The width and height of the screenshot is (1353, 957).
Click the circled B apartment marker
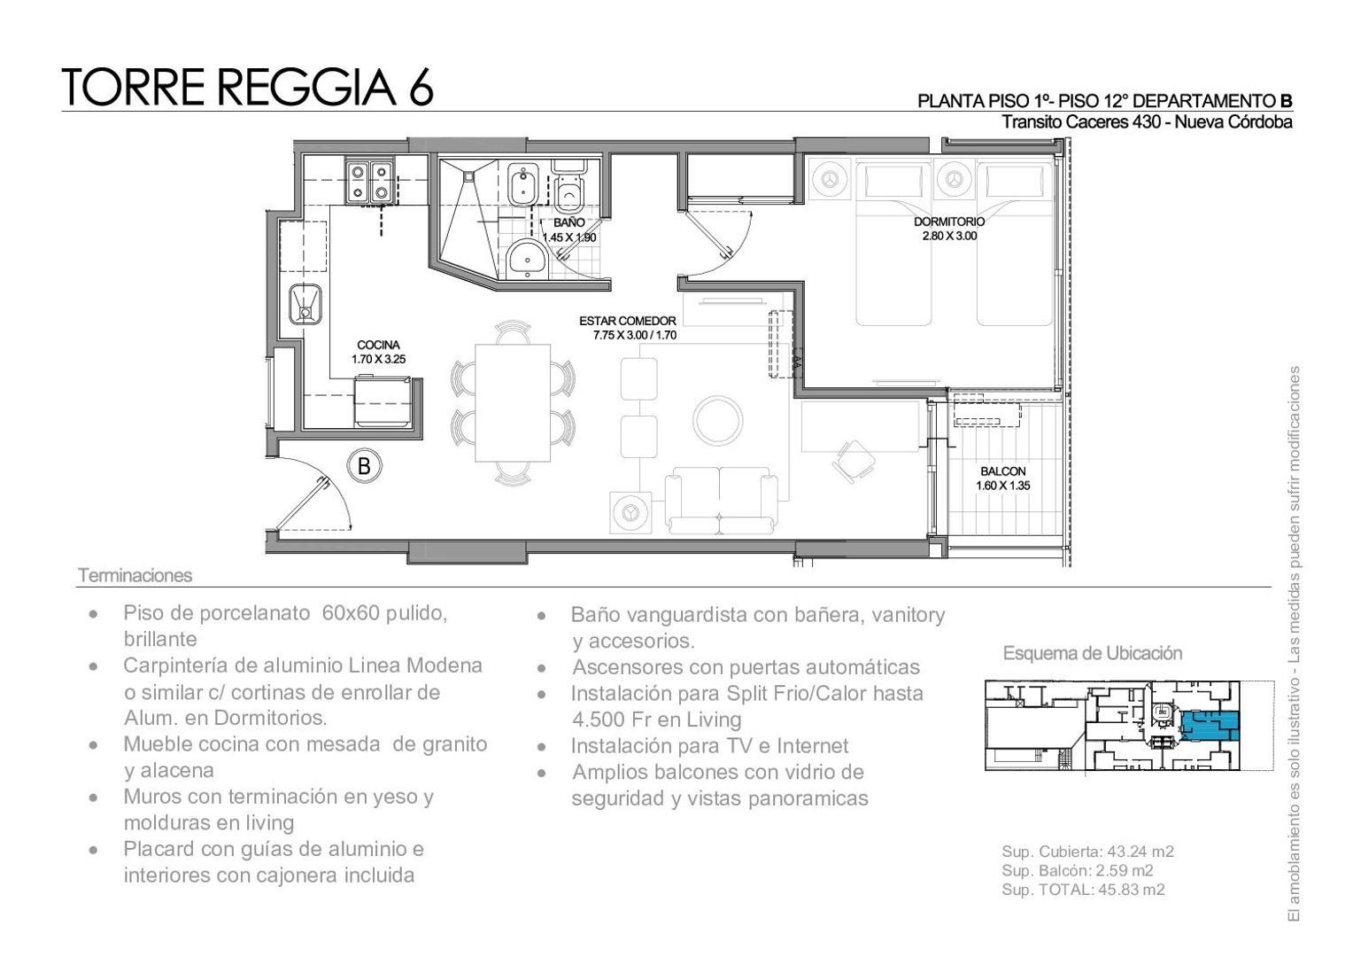click(x=363, y=464)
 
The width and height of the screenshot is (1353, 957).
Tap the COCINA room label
click(x=378, y=345)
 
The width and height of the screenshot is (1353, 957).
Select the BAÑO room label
click(x=568, y=223)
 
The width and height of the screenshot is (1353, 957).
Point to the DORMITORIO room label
click(x=949, y=222)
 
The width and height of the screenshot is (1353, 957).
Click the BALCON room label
click(x=1002, y=471)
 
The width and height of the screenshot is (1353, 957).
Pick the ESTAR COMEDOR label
click(x=628, y=321)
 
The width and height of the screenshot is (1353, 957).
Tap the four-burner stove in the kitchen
click(x=370, y=181)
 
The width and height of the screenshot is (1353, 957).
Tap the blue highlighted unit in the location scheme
click(x=1208, y=726)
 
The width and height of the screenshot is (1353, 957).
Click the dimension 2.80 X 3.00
click(x=949, y=237)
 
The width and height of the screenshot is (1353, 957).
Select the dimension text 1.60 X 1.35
click(x=1002, y=486)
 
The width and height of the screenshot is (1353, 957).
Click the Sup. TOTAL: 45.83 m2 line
click(x=1083, y=890)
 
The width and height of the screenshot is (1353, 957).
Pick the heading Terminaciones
click(x=135, y=575)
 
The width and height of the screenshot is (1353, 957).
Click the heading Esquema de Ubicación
click(x=1092, y=653)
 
